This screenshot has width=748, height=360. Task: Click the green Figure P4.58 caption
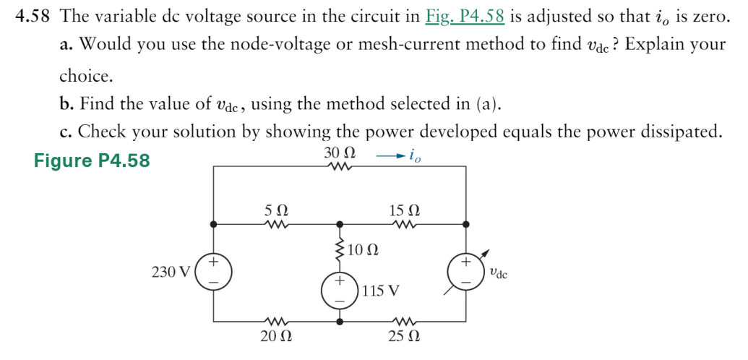point(92,160)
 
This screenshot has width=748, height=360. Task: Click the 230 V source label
point(171,273)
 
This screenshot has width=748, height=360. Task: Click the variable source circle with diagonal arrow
point(465,273)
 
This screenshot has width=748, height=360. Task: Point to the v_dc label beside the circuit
point(498,273)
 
